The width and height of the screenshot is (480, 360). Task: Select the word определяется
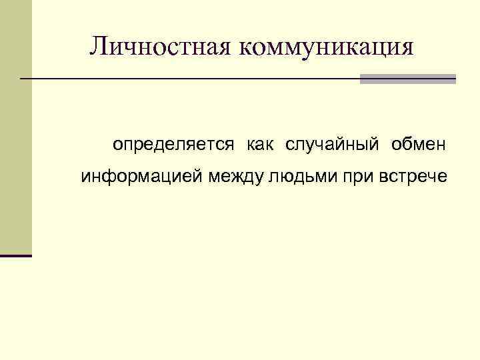point(173,144)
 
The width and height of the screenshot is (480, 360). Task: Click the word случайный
point(332,144)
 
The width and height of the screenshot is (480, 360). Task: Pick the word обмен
point(420,144)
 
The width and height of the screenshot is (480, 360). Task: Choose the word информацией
point(142,177)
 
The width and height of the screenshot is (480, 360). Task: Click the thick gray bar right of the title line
point(407,79)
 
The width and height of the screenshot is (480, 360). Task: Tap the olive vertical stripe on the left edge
point(15,127)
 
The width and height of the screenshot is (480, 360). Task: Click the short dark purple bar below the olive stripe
point(15,255)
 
